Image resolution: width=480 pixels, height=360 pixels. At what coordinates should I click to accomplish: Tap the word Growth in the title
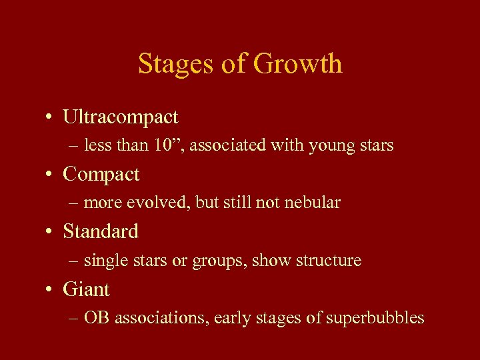point(298,64)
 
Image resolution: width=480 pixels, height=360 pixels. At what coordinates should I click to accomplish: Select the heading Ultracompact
point(121,117)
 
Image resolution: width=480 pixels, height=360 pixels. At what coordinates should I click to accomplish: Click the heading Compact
point(101,175)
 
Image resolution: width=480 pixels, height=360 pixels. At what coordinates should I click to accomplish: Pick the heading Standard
point(101,232)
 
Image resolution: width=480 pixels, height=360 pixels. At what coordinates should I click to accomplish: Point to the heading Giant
point(87,289)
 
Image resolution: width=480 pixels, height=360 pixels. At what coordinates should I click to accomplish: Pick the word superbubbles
point(375,318)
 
